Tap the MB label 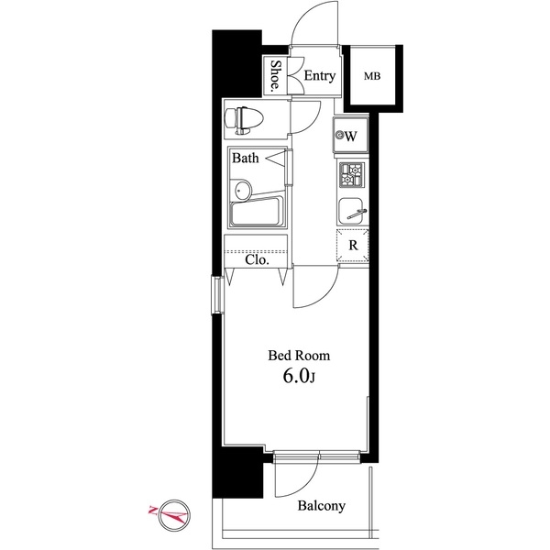coord(374,76)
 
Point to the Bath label coord(245,159)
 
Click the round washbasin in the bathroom coord(242,191)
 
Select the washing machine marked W coord(349,137)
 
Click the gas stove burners coord(352,173)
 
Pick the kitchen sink coord(351,211)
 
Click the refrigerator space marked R coord(353,246)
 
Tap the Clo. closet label coord(257,259)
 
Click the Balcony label coord(320,506)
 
